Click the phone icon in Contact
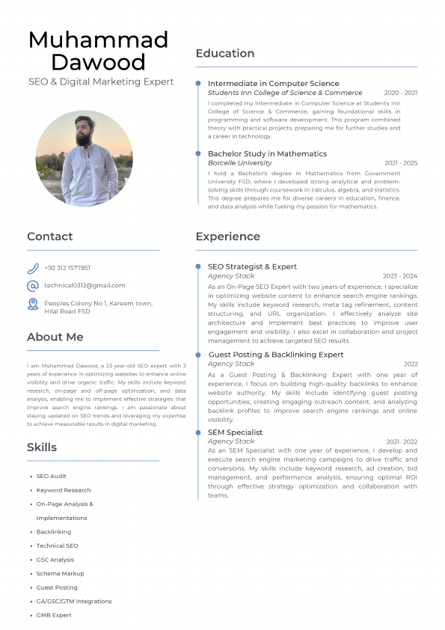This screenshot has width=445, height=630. pos(33,268)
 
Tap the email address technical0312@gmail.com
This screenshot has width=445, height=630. pos(85,285)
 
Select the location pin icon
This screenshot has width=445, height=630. pos(33,303)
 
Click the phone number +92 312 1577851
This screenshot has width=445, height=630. pos(67,268)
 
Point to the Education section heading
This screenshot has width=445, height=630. pos(225,53)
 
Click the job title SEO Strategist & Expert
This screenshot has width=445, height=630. pos(252,266)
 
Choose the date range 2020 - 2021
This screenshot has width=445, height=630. pos(401,93)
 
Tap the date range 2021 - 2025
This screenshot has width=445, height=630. pos(401,162)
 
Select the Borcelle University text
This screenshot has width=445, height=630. pos(239,162)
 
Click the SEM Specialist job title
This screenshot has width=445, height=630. pos(235,432)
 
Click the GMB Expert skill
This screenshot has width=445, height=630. pos(54,615)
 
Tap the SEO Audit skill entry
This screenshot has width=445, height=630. pos(52,476)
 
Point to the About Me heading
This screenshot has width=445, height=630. pos(55,337)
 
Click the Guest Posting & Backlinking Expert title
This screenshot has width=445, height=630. pos(275,355)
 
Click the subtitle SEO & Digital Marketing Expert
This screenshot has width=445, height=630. pos(101,82)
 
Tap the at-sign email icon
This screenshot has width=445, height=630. pos(33,286)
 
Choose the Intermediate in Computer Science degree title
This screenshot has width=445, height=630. pos(273,83)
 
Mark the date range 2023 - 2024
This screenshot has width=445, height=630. pos(400,276)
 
